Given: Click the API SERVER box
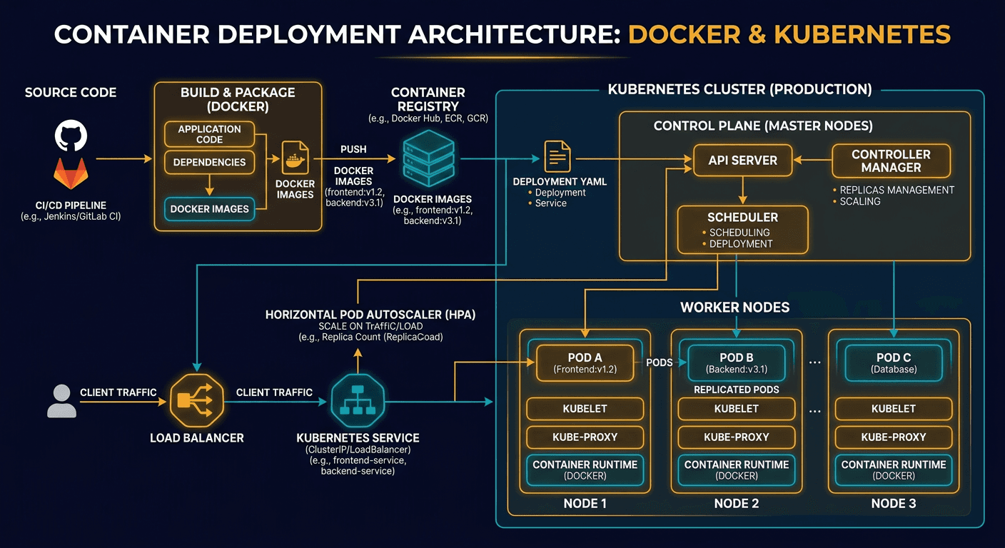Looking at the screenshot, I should [x=742, y=161].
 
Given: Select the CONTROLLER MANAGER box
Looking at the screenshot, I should [x=891, y=161].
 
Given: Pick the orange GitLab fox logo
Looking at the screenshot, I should [x=71, y=174].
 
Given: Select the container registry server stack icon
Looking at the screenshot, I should [x=428, y=159].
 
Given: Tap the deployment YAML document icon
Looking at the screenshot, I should [x=558, y=156].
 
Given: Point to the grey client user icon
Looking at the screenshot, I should [x=61, y=401].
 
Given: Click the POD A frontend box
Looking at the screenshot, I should [x=585, y=362].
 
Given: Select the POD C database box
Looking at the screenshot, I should [x=893, y=362].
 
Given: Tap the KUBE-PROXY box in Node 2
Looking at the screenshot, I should [x=736, y=437].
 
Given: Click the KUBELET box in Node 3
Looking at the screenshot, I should [x=893, y=409].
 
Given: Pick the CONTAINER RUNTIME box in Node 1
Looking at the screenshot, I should [x=585, y=470].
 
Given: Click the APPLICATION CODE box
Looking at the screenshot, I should [x=209, y=134].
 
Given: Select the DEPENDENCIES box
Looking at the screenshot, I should [x=209, y=162].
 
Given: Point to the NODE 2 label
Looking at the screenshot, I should [x=736, y=504].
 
